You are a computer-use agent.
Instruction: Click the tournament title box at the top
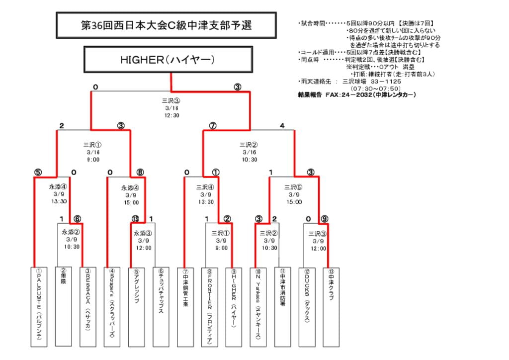pyautogui.click(x=166, y=25)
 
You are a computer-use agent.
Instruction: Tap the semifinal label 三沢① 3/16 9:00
pyautogui.click(x=93, y=152)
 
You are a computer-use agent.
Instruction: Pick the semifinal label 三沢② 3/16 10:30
pyautogui.click(x=250, y=152)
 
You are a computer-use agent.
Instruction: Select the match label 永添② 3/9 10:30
pyautogui.click(x=71, y=239)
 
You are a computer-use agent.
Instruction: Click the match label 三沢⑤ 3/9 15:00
pyautogui.click(x=294, y=194)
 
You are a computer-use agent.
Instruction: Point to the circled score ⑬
pyautogui.click(x=135, y=219)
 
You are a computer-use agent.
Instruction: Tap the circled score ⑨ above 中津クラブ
pyautogui.click(x=324, y=219)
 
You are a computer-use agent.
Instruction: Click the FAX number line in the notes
pyautogui.click(x=356, y=94)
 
